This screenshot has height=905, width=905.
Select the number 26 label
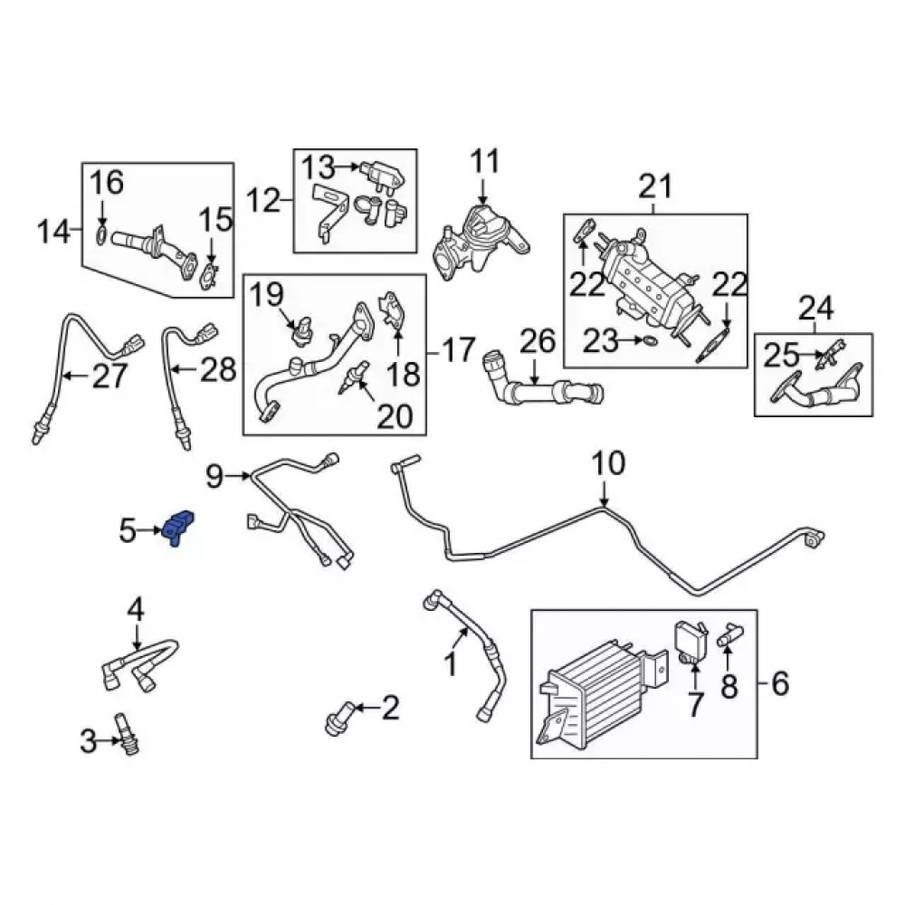[538, 341]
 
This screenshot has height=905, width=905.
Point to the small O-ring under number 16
[100, 235]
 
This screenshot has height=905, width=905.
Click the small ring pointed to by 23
[650, 342]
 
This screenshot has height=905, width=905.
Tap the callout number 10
[608, 463]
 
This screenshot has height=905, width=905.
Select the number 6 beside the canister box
[779, 683]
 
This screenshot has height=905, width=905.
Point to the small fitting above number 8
[730, 635]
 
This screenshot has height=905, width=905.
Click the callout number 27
[110, 376]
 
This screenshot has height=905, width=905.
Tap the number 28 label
[218, 369]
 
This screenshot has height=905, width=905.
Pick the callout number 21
[655, 186]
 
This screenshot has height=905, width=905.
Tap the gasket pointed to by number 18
[393, 311]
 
